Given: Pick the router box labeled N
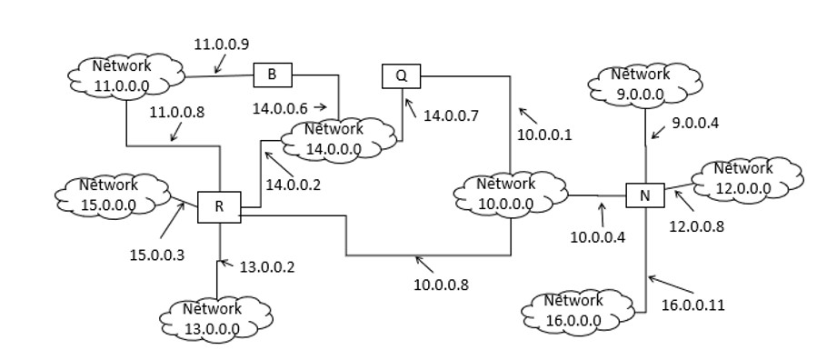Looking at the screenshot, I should (x=645, y=195).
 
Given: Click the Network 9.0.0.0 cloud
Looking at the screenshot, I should (x=641, y=84).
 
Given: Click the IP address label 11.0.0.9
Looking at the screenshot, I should (x=221, y=43).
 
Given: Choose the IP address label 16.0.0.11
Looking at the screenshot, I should (x=692, y=305).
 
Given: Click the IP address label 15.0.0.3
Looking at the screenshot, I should (x=156, y=255).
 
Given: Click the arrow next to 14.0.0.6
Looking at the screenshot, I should (x=319, y=107).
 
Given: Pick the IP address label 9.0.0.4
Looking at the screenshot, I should (x=695, y=123).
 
